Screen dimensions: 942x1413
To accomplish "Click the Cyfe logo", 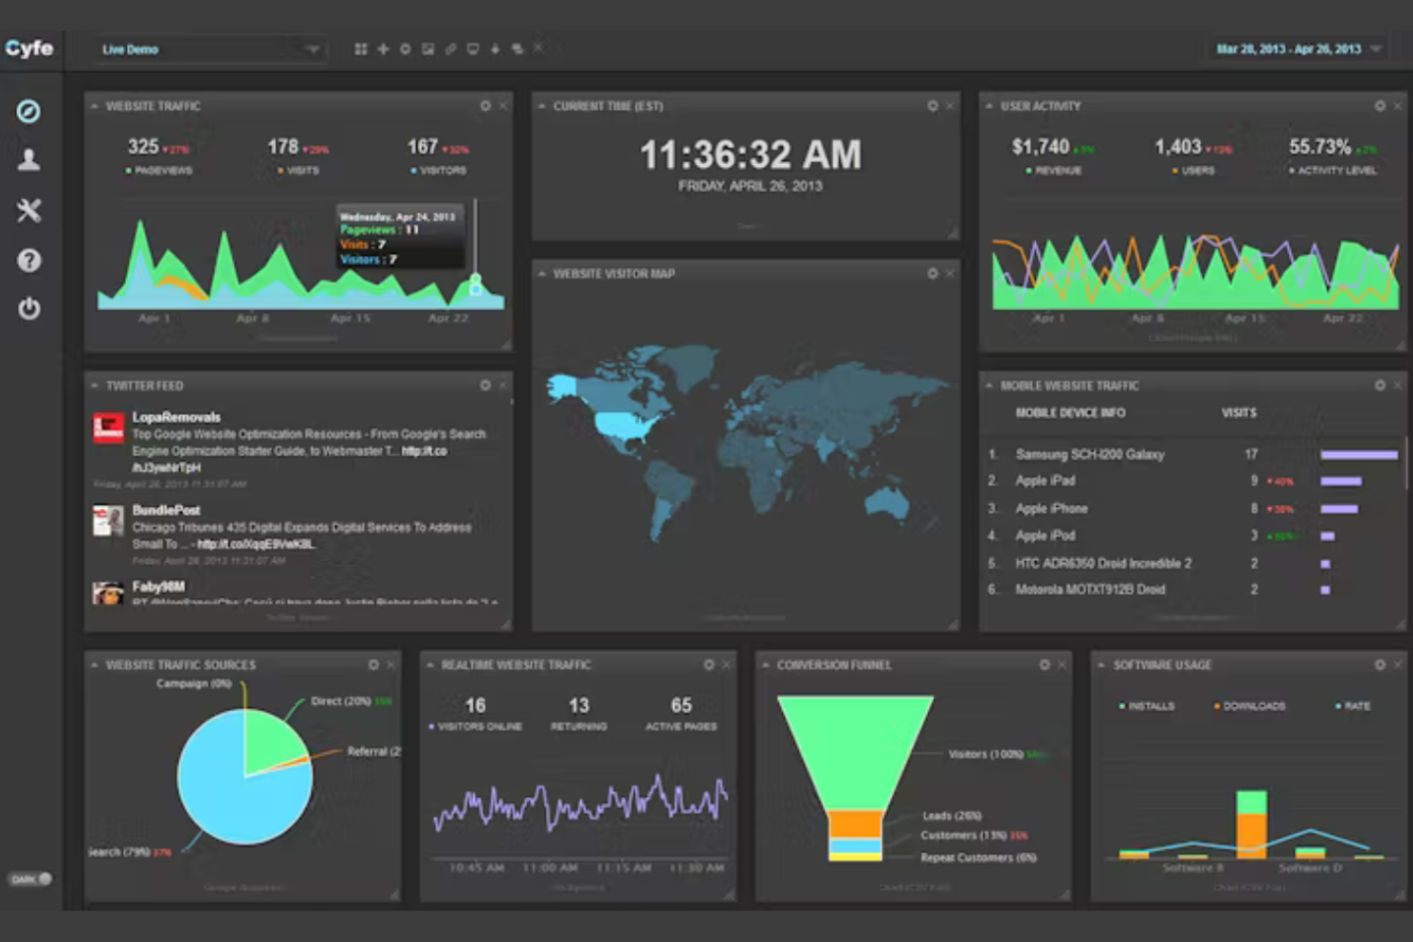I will pos(30,48).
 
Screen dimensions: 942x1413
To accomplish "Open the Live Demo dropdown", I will pos(210,50).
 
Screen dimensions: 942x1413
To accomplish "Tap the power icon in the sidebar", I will pos(29,308).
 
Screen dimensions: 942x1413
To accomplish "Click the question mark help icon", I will pos(29,260).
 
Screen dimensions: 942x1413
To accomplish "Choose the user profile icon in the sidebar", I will pos(29,159).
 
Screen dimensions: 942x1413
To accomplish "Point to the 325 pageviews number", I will pos(143,147).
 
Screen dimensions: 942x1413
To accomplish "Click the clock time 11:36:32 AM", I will pos(749,155).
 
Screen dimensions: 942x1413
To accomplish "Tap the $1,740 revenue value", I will pos(1040,147).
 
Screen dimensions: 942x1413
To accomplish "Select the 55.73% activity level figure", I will pos(1319,147).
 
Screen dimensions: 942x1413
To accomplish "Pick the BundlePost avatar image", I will pos(108,521).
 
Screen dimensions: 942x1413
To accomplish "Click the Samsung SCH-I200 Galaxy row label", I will pos(1089,454).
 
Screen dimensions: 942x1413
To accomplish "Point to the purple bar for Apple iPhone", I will pos(1339,509).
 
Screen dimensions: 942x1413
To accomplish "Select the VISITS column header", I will pos(1238,412).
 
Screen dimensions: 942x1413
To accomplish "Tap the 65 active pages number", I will pos(681,705).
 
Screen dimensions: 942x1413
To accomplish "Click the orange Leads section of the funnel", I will pos(854,823).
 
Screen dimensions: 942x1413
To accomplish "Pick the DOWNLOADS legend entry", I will pos(1254,706).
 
